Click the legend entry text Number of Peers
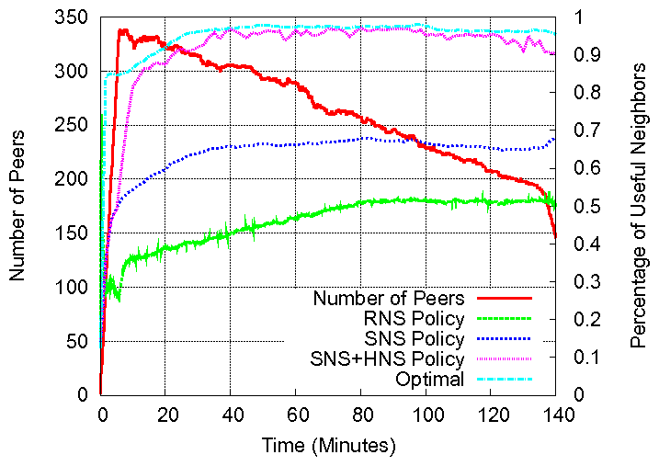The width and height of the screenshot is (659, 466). pyautogui.click(x=389, y=298)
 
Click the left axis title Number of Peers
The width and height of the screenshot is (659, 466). pyautogui.click(x=17, y=206)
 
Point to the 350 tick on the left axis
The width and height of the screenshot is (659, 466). pyautogui.click(x=75, y=17)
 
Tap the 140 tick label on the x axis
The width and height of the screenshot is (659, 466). pyautogui.click(x=556, y=414)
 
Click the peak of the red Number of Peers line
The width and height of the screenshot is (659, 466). pyautogui.click(x=120, y=30)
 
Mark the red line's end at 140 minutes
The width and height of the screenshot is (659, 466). pyautogui.click(x=556, y=237)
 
